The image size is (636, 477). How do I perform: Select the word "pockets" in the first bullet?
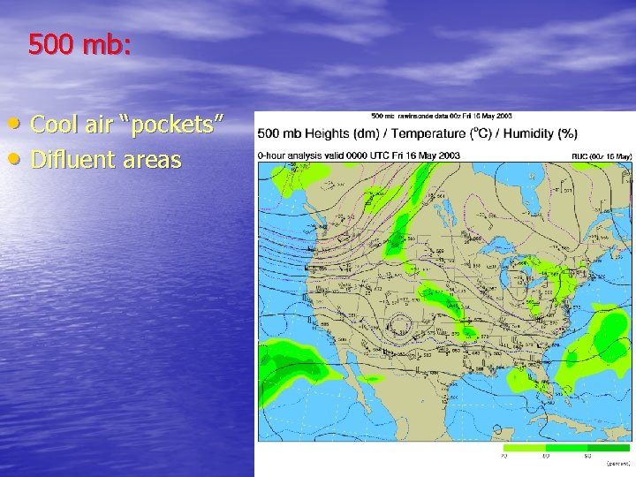point(179,126)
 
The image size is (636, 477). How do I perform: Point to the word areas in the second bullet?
point(152,161)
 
